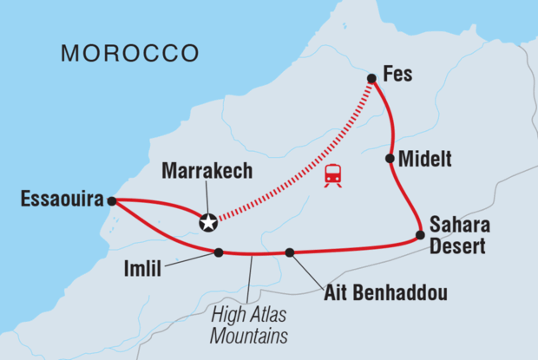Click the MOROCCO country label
point(129,54)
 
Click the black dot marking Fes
point(371,79)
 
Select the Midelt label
point(424,159)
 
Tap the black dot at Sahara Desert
point(420,234)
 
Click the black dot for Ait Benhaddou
point(290,252)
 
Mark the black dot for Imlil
point(219,252)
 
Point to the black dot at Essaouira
point(112,201)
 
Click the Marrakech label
point(207,171)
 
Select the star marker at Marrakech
point(208,222)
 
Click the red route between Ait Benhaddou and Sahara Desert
point(356,249)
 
